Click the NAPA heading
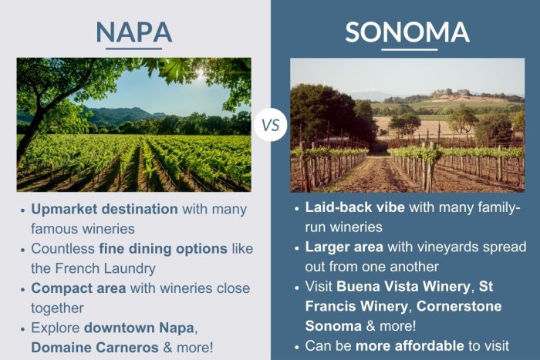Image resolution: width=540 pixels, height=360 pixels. pos(133,32)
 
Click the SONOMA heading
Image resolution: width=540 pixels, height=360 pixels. pos(407,32)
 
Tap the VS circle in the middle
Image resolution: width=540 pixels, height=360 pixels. pos(270,124)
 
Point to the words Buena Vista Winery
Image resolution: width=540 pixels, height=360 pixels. pos(403,287)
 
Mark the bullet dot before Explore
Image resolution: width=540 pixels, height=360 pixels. pos(22,328)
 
